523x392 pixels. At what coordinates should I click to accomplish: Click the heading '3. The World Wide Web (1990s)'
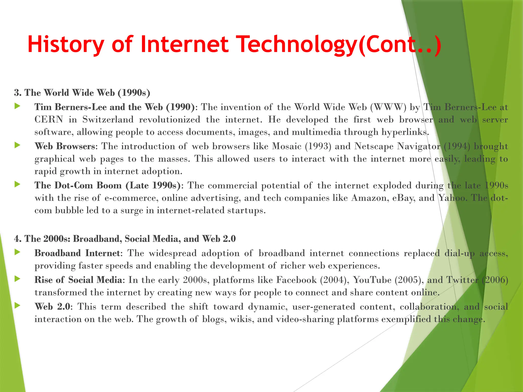tap(82, 93)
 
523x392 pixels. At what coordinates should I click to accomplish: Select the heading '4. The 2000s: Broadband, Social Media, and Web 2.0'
tap(125, 239)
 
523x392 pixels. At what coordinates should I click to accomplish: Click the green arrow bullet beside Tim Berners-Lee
tap(17, 106)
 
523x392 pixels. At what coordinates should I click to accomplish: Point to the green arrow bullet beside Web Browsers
tap(17, 145)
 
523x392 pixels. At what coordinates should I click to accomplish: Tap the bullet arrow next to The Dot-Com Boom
tap(17, 184)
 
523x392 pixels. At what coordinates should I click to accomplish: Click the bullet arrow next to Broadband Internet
tap(17, 252)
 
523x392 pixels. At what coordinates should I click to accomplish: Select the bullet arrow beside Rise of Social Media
tap(17, 279)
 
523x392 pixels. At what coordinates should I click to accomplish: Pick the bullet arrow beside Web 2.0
tap(17, 305)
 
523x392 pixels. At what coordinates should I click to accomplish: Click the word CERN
tap(49, 119)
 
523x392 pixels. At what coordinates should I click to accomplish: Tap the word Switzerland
tap(108, 119)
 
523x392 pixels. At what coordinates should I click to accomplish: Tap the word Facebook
tap(296, 280)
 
